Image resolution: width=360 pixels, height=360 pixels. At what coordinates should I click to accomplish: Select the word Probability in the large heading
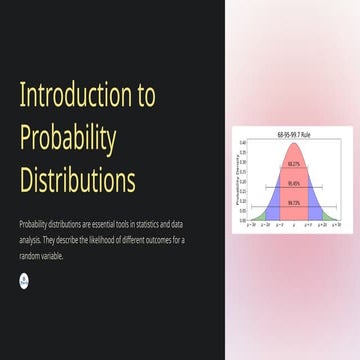tap(68, 138)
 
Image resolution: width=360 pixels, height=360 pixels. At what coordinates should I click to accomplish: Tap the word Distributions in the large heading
tap(78, 181)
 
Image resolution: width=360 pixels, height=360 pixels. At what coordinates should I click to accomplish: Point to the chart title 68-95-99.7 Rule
tap(292, 132)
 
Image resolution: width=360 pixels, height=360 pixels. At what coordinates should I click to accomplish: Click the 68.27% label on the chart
tap(293, 163)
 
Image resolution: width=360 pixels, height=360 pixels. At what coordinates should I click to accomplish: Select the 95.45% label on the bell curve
tap(293, 183)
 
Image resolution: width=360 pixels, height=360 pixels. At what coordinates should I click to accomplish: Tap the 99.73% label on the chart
tap(293, 203)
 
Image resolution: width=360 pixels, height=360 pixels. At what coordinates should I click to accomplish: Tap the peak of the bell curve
tap(293, 142)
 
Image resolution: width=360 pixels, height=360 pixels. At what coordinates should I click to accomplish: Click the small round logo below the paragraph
tap(25, 281)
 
